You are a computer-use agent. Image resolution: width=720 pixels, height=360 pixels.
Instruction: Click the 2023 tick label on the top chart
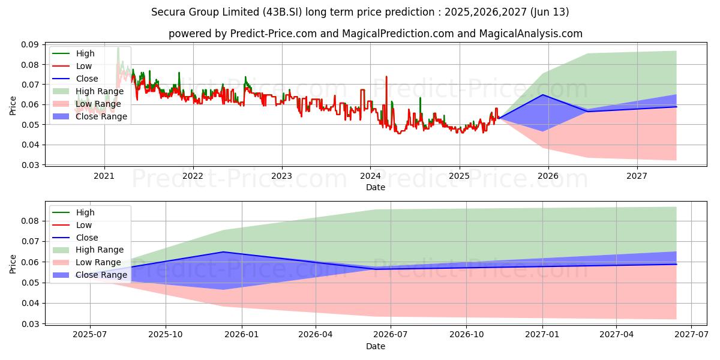point(281,176)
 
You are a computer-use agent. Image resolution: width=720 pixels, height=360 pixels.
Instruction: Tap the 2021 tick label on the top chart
point(104,176)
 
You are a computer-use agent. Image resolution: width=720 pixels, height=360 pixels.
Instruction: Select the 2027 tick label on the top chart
point(637,176)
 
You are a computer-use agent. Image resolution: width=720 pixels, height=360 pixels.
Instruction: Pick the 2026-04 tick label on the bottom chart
point(316,335)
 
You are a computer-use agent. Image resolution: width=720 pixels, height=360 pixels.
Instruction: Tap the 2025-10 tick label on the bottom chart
point(166,335)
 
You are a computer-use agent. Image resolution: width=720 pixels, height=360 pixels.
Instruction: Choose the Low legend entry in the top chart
point(85,66)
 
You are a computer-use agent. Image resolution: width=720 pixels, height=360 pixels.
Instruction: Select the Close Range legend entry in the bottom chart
point(101,275)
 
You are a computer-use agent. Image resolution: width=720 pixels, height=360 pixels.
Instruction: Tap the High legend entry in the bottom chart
point(85,212)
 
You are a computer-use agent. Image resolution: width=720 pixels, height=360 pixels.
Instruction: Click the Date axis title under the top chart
point(376,187)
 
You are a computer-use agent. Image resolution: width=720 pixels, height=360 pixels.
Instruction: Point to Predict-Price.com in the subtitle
point(274,34)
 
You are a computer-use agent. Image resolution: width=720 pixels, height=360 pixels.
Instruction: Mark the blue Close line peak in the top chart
point(543,95)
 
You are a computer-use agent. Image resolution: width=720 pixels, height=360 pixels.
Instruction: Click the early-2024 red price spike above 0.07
point(386,77)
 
